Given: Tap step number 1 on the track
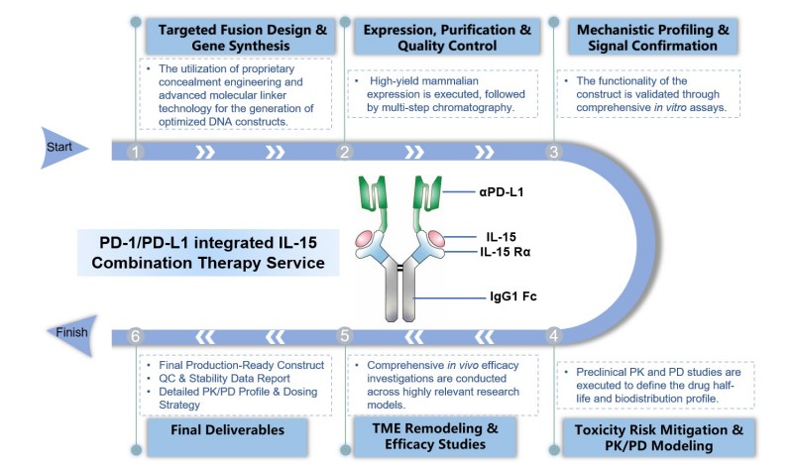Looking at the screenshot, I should point(138,152).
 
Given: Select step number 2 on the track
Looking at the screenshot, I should point(346,152).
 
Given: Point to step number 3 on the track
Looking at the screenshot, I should point(555,152).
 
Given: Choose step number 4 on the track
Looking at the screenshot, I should point(555,334).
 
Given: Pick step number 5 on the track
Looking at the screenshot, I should point(346,334).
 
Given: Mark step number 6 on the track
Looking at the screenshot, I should point(138,334).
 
